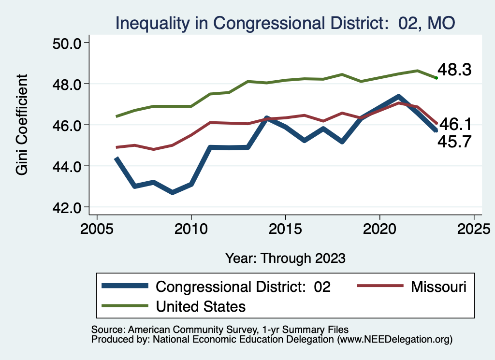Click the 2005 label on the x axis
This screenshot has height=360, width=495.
97,228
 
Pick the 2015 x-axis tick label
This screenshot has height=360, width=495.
285,228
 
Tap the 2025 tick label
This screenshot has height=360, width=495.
474,228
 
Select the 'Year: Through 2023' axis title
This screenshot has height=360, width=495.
285,258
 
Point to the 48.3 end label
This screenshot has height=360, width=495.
454,70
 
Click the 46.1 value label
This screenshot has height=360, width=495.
455,125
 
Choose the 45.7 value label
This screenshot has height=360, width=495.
454,141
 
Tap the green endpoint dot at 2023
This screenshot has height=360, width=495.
436,78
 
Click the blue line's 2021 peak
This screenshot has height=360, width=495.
398,97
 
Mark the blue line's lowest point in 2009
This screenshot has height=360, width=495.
173,193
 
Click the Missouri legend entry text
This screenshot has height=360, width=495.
438,287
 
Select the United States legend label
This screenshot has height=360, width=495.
201,306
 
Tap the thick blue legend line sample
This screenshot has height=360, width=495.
125,287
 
